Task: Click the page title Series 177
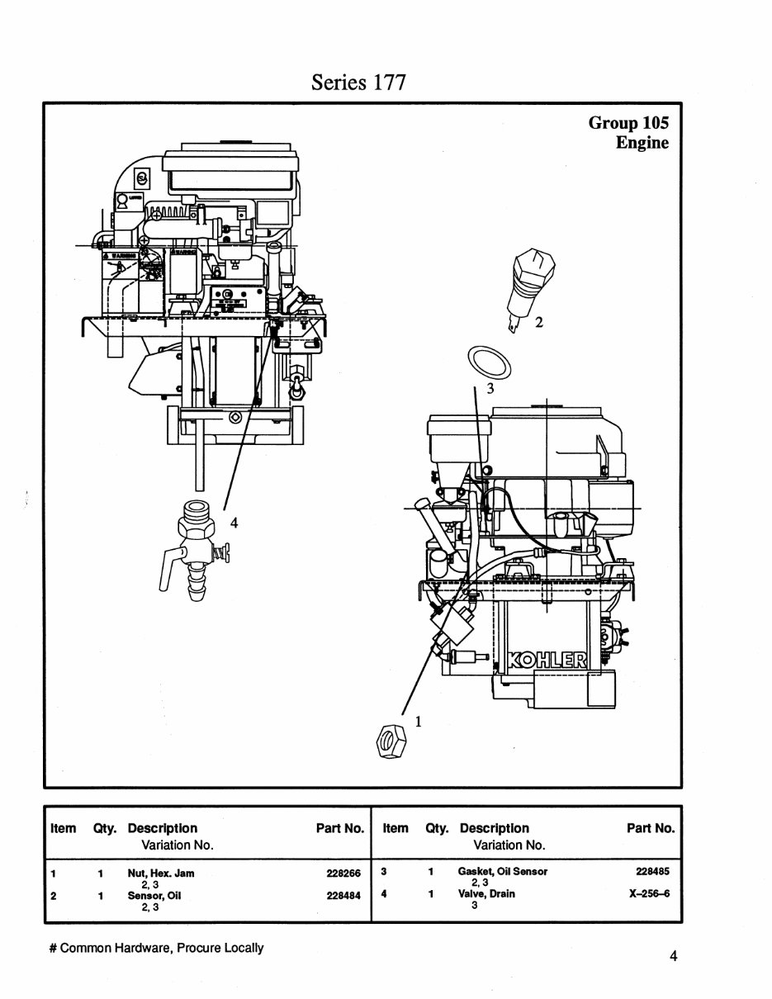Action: [358, 82]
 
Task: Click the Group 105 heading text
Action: [628, 123]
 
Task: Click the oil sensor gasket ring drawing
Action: [488, 362]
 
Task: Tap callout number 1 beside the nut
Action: [418, 721]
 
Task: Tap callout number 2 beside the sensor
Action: [539, 323]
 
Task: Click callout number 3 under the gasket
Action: [490, 389]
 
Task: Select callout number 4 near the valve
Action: [234, 522]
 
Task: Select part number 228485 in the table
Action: [652, 871]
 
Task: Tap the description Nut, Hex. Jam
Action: [161, 873]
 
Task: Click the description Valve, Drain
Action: [486, 893]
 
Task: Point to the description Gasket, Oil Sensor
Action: [502, 871]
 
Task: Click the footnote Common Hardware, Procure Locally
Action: [157, 948]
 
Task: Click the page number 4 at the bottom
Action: [674, 956]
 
